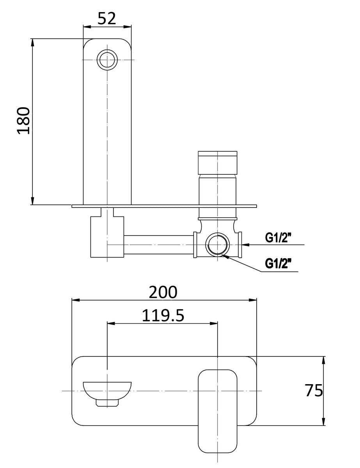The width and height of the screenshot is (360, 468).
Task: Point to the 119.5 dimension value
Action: [163, 315]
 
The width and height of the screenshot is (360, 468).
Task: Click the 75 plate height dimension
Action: [314, 390]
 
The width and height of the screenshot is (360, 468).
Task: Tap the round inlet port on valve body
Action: [218, 245]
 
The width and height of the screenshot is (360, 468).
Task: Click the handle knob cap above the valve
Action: [218, 162]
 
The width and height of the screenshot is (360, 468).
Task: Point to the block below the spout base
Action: [107, 237]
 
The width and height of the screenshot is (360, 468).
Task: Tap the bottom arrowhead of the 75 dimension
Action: [323, 422]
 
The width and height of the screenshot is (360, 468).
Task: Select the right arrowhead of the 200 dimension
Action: [254, 300]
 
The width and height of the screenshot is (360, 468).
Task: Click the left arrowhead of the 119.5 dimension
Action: [110, 323]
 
